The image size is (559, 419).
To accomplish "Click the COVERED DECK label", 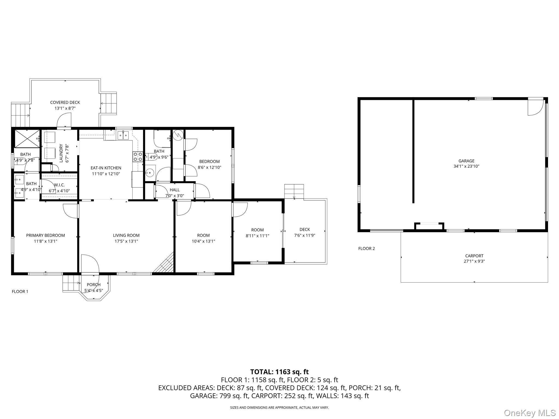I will [65, 103].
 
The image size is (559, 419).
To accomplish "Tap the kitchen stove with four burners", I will [138, 157].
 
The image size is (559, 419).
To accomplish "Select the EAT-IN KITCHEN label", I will [106, 168].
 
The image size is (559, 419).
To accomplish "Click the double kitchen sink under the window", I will [123, 135].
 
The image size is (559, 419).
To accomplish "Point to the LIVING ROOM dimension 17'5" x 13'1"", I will [126, 241].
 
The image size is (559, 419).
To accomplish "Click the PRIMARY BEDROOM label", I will [45, 235].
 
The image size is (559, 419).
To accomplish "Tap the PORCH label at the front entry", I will [94, 285].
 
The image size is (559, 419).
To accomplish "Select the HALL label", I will [175, 190].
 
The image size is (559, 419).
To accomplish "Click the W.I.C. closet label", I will [59, 185].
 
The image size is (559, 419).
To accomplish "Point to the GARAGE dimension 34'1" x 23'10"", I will [466, 166].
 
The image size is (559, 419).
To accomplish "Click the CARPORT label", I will [474, 256].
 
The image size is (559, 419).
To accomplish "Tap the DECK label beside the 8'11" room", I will [305, 230].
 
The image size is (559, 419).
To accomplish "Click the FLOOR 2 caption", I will [367, 249].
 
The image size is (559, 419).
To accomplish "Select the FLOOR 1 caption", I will [20, 292].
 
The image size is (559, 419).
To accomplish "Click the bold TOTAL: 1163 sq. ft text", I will [279, 372].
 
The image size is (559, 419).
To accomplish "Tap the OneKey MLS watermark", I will [530, 413].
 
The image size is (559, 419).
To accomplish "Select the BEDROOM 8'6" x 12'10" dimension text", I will [209, 167].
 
